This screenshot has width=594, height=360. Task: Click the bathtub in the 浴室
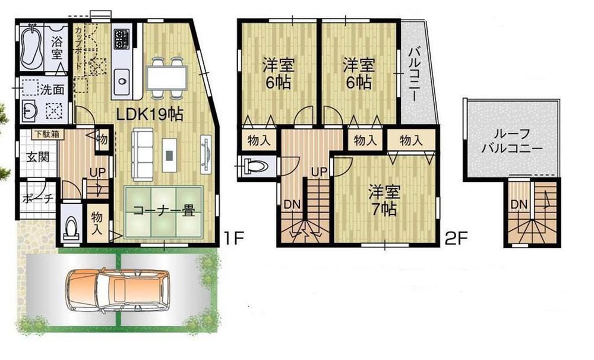[31, 48]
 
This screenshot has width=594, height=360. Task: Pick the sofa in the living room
[143, 154]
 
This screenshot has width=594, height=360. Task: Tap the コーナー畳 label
[163, 210]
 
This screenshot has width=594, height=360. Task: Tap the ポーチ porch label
[37, 198]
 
